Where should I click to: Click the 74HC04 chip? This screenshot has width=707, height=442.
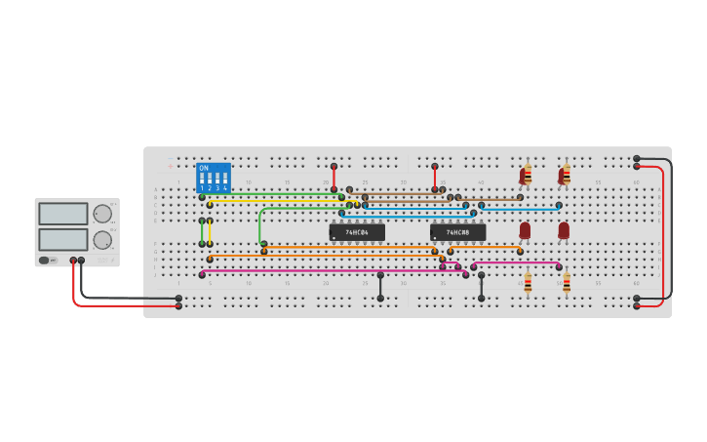coord(357,232)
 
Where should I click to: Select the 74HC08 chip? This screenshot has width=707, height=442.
coord(457,232)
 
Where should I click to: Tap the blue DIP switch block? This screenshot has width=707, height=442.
coord(214,178)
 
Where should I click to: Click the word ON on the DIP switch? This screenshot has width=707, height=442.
coord(204,168)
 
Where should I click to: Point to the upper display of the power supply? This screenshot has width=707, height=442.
coord(63,214)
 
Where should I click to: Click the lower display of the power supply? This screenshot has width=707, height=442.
coord(63,239)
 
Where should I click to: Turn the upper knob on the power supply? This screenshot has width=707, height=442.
coord(102,214)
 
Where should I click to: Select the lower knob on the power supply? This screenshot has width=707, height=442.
coord(102,239)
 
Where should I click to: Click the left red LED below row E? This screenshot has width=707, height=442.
coord(525,230)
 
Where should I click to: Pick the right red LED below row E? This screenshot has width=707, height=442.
coord(564,230)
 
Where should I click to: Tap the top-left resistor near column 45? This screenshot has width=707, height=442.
coord(528,176)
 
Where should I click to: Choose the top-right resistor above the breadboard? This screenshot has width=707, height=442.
coord(566,176)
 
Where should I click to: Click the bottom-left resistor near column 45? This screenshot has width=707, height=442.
coord(528,283)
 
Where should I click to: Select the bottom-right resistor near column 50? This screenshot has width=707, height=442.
coord(567,283)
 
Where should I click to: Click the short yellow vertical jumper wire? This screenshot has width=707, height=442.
coord(210,232)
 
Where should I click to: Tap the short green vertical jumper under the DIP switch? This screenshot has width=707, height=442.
coord(202,232)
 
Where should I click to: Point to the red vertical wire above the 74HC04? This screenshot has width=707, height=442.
coord(334,178)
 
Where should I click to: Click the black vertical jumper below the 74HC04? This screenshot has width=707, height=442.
coord(380,287)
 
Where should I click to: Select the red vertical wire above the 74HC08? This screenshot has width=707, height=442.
coord(435,178)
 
